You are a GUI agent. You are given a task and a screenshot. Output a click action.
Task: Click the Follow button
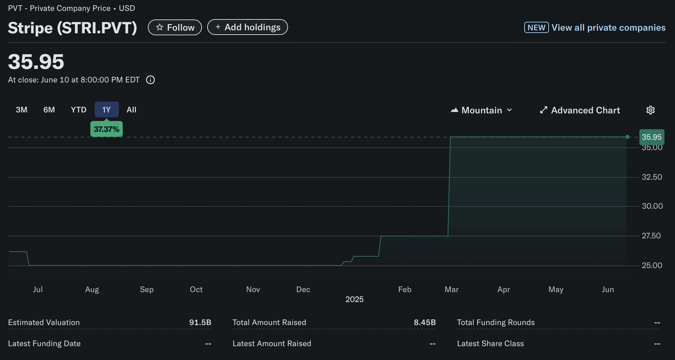pyautogui.click(x=175, y=27)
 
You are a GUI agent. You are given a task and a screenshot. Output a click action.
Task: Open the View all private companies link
pyautogui.click(x=608, y=27)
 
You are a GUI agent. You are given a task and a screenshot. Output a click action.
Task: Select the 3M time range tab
pyautogui.click(x=21, y=110)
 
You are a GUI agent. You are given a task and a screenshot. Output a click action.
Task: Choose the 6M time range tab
pyautogui.click(x=49, y=110)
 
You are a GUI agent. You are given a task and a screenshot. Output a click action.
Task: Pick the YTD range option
pyautogui.click(x=79, y=110)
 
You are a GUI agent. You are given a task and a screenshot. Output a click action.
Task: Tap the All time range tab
pyautogui.click(x=131, y=110)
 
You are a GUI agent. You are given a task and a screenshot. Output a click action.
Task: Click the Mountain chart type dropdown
pyautogui.click(x=481, y=110)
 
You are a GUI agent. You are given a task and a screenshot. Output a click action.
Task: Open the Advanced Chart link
pyautogui.click(x=580, y=110)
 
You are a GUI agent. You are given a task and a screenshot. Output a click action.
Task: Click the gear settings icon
pyautogui.click(x=650, y=110)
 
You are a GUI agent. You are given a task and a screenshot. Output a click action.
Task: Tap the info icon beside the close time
pyautogui.click(x=150, y=80)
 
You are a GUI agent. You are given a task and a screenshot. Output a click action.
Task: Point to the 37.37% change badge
pyautogui.click(x=106, y=129)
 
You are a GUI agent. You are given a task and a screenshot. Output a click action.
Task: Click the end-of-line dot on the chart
pyautogui.click(x=627, y=137)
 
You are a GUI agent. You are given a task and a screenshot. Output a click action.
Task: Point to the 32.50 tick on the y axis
pyautogui.click(x=652, y=177)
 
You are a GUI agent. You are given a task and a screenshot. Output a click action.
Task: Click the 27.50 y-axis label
pyautogui.click(x=651, y=236)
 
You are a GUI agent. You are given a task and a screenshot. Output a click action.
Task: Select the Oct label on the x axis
pyautogui.click(x=196, y=289)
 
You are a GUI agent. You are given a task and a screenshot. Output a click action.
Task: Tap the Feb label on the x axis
pyautogui.click(x=404, y=289)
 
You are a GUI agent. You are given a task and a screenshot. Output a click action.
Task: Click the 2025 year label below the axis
pyautogui.click(x=354, y=299)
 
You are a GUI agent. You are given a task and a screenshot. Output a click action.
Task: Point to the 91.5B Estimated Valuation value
pyautogui.click(x=200, y=322)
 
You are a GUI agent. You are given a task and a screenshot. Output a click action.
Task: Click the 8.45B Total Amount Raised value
pyautogui.click(x=425, y=322)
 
